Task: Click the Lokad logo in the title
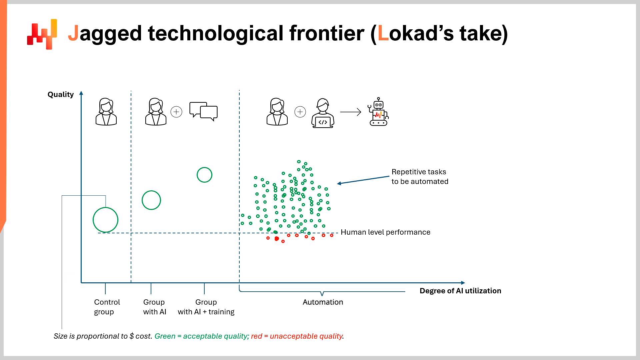[x=42, y=34]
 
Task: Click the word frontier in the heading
[x=327, y=33]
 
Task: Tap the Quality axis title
[x=60, y=95]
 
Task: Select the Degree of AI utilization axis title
[x=460, y=291]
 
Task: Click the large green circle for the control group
[x=105, y=220]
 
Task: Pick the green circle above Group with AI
[x=151, y=200]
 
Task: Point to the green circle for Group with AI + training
[x=204, y=175]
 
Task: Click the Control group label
[x=107, y=307]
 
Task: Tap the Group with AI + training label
[x=206, y=307]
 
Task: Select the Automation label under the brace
[x=323, y=302]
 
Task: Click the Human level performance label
[x=385, y=232]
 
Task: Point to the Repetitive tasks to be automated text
[x=420, y=177]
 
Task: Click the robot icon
[x=379, y=112]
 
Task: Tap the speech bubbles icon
[x=203, y=111]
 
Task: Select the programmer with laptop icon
[x=323, y=113]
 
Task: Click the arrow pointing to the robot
[x=351, y=112]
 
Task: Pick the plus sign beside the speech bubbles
[x=176, y=112]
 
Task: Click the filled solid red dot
[x=276, y=239]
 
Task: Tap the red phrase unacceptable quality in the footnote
[x=306, y=336]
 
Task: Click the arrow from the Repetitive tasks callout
[x=363, y=180]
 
